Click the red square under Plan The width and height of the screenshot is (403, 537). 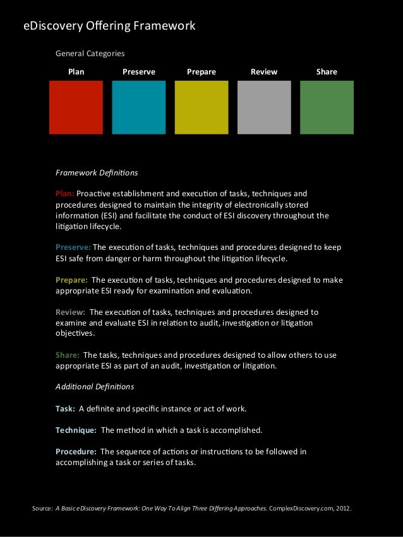76,107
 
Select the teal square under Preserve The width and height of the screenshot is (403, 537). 139,107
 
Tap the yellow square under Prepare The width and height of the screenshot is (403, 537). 201,107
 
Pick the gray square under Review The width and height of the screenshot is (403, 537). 264,107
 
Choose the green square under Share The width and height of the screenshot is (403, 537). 327,107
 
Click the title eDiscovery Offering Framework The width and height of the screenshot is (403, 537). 109,26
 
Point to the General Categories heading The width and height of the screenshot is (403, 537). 90,54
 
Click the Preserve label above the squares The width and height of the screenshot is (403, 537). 139,72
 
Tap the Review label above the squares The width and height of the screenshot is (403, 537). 264,72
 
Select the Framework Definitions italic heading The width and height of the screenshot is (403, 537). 97,172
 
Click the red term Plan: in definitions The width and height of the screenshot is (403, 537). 65,193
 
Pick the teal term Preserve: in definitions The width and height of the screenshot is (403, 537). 73,247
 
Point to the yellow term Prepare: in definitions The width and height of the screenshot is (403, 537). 72,280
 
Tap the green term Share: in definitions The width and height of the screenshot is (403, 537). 68,354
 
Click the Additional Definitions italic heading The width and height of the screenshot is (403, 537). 95,386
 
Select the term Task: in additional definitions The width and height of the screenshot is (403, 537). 65,408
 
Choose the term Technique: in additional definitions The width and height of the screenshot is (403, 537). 76,430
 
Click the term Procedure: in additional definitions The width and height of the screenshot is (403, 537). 76,451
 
